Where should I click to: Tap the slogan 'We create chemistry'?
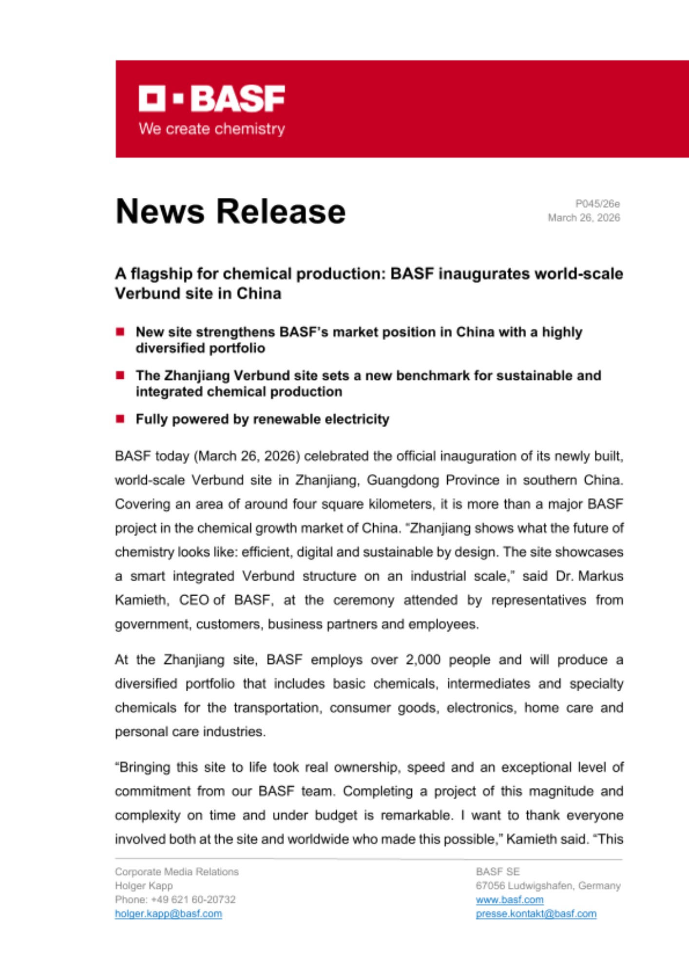[x=211, y=129]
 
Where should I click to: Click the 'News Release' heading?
[x=230, y=212]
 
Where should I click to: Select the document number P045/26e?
[x=597, y=204]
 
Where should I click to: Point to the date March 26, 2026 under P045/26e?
[x=584, y=218]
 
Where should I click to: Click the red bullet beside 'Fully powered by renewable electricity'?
[x=120, y=419]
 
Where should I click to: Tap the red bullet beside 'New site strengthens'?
[x=120, y=332]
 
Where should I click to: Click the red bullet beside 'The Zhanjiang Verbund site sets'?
[x=120, y=375]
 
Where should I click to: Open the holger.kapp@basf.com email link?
[x=169, y=914]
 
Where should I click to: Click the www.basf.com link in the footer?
[x=510, y=899]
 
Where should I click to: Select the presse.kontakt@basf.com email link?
[x=536, y=914]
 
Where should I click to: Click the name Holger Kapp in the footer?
[x=144, y=886]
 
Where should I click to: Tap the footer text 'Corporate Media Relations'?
[x=177, y=872]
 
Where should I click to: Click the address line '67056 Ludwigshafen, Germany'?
[x=548, y=886]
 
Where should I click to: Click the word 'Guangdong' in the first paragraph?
[x=406, y=480]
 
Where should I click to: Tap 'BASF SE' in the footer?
[x=498, y=872]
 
